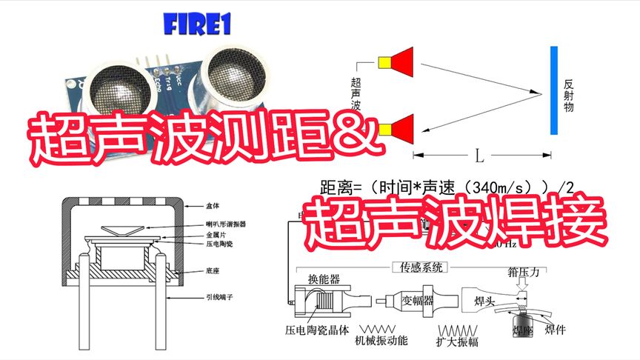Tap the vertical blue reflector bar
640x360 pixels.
(x=553, y=90)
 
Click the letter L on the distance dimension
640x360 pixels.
(x=479, y=156)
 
